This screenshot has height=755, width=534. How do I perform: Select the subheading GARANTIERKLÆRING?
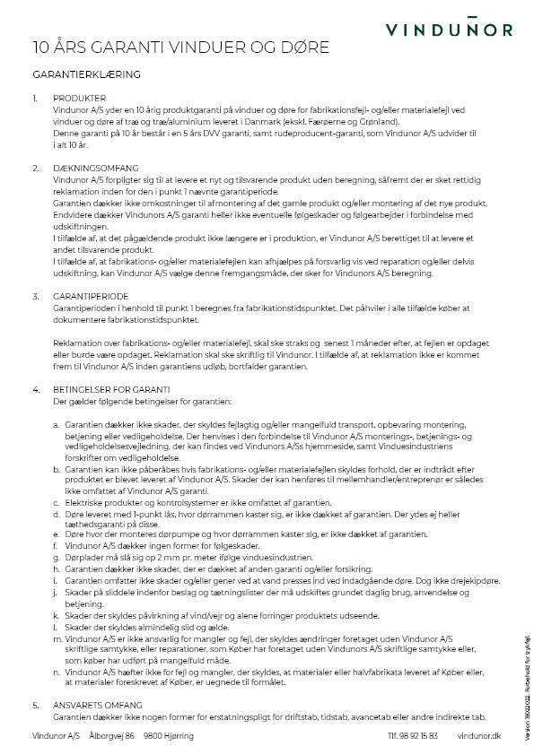[x=86, y=74]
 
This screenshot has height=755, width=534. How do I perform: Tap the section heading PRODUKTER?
[x=80, y=98]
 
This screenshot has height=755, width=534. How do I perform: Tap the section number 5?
[x=35, y=705]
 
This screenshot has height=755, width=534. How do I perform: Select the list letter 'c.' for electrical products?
[x=57, y=502]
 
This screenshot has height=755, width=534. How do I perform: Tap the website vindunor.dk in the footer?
[x=478, y=735]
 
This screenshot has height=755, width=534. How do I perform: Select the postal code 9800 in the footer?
[x=153, y=735]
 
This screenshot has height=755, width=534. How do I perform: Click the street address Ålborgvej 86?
[x=111, y=735]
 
